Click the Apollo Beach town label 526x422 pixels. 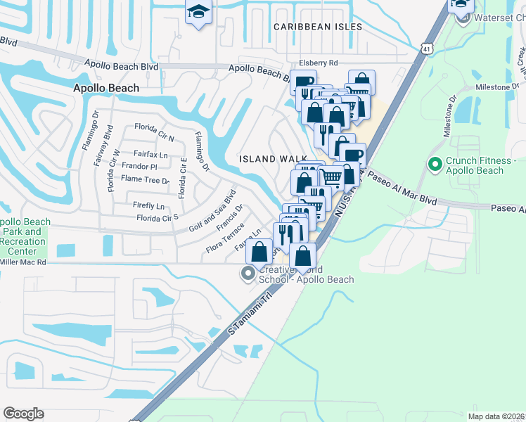107,88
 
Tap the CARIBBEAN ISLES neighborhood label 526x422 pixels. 318,27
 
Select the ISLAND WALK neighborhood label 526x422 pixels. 267,159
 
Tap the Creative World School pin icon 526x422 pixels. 248,274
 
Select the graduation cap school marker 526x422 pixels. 198,12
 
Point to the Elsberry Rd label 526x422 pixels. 318,63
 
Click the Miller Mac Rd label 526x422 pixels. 23,262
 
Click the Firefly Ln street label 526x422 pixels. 148,206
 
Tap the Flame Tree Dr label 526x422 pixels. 146,179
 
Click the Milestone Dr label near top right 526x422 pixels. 497,87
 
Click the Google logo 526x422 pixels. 23,414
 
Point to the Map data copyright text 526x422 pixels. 496,416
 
